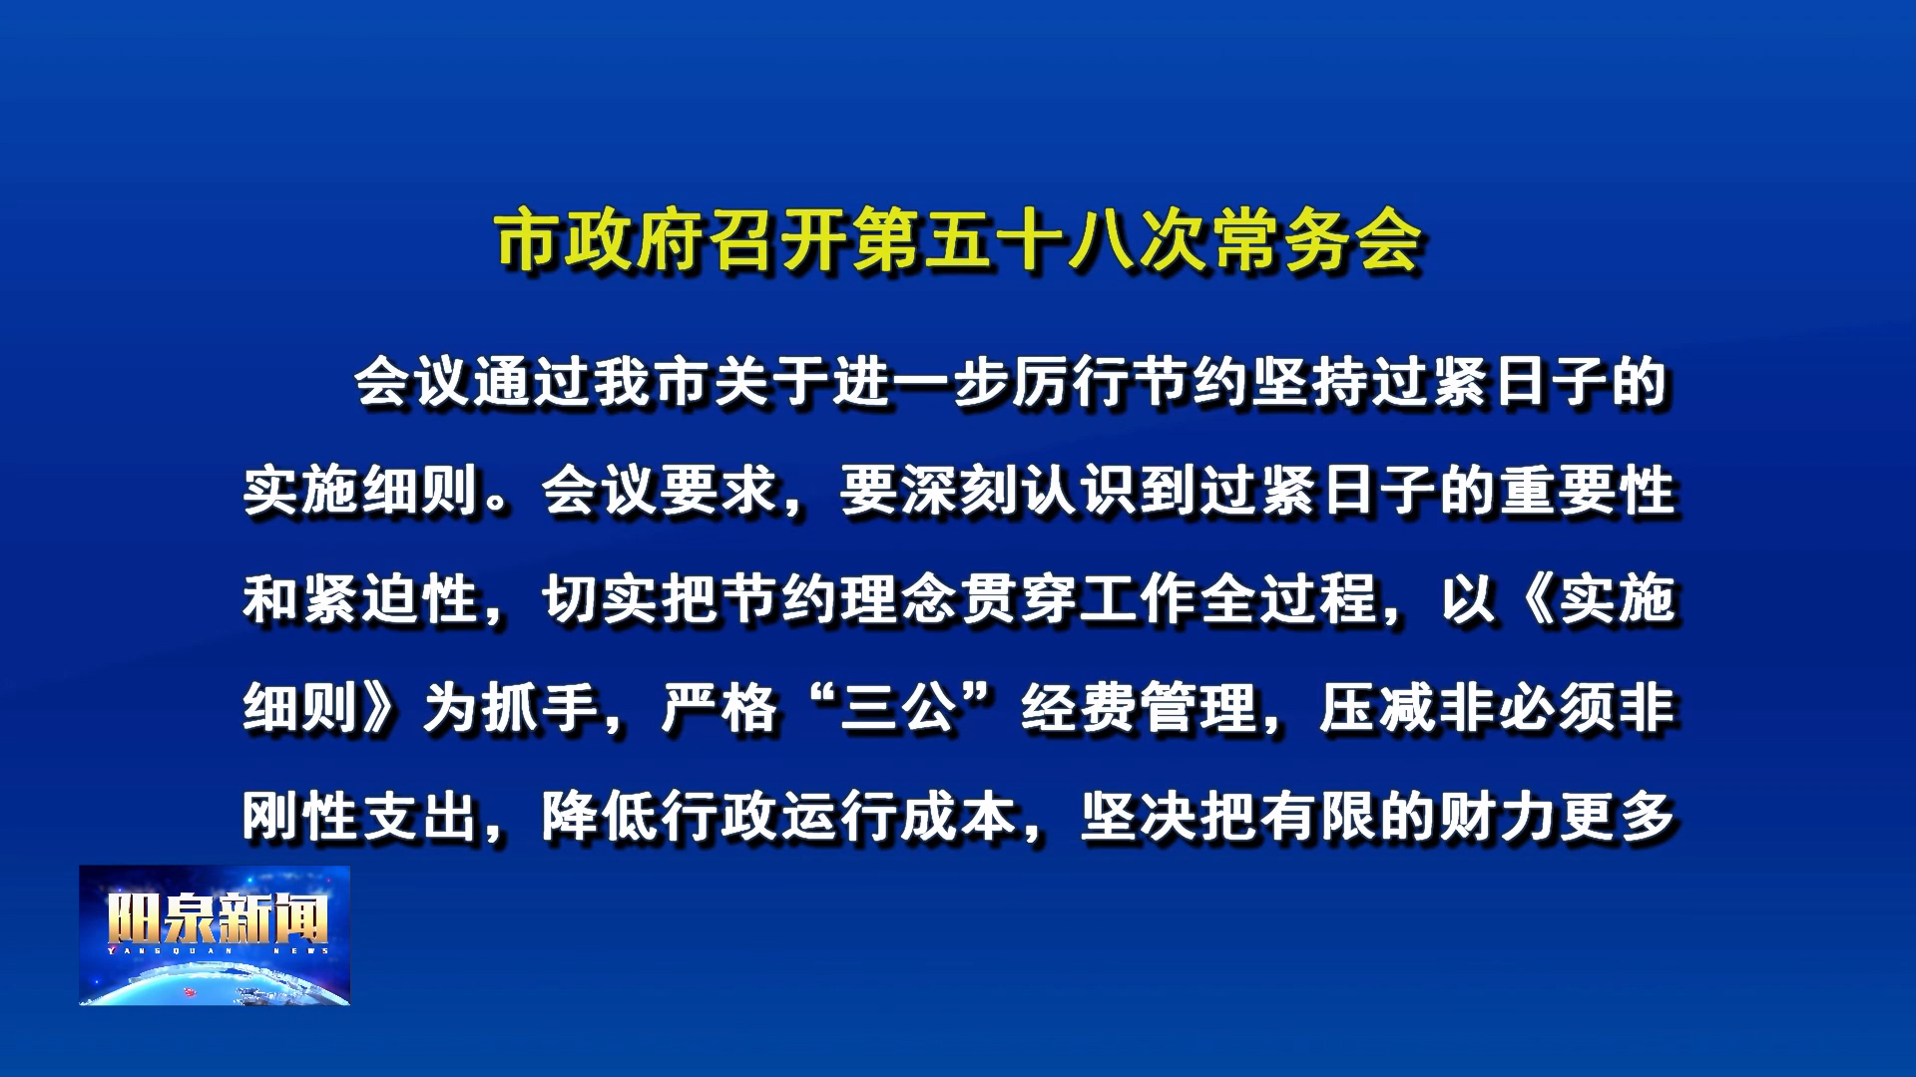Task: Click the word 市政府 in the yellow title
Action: click(x=603, y=240)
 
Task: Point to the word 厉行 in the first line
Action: click(x=1073, y=383)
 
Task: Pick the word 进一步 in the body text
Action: click(x=923, y=383)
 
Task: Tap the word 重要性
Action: click(x=1590, y=491)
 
